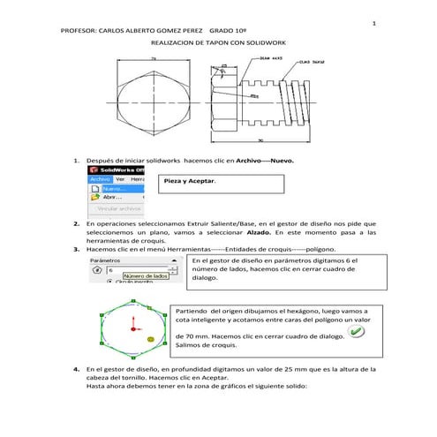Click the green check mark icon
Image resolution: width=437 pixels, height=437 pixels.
[355, 331]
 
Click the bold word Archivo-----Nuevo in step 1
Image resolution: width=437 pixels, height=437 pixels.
[253, 162]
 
